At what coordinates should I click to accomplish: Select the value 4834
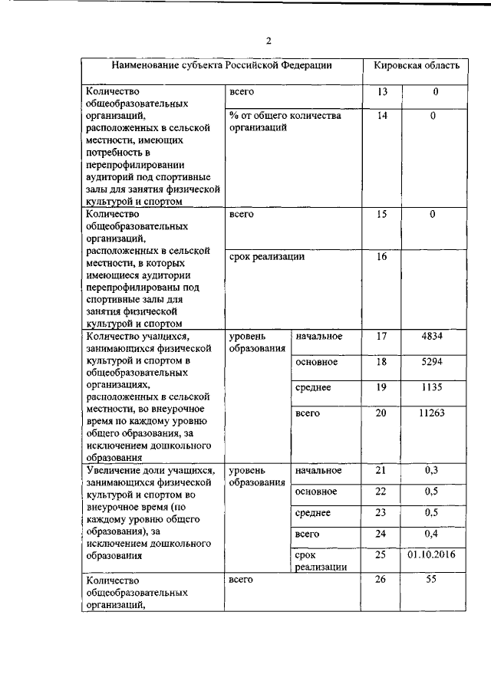click(433, 336)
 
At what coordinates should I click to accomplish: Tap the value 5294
click(433, 361)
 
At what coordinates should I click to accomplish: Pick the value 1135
click(433, 387)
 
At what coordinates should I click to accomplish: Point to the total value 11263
click(433, 413)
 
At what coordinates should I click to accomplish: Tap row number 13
click(383, 92)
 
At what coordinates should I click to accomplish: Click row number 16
click(383, 257)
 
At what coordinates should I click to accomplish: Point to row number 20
click(383, 413)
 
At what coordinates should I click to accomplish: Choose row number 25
click(383, 554)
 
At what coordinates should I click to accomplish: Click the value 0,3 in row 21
click(433, 470)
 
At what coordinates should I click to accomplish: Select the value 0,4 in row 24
click(433, 533)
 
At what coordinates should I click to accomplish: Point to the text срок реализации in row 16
click(267, 257)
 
